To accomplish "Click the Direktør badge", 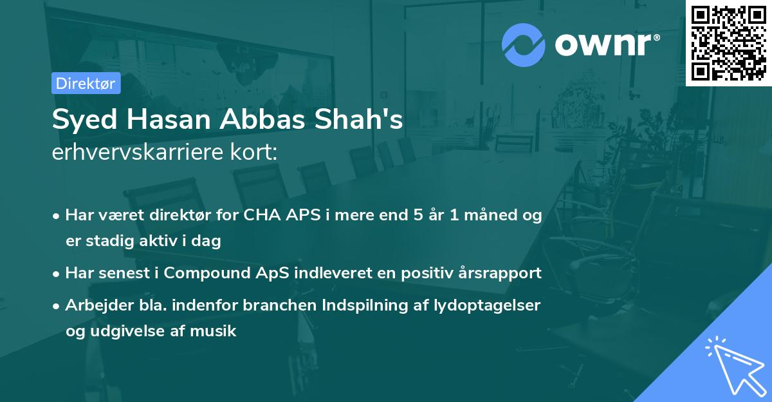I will coord(86,83).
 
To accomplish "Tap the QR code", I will coord(729,43).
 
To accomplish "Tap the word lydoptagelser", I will coord(488,305).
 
